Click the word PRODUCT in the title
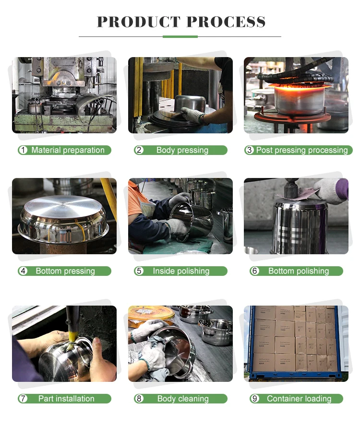(139, 22)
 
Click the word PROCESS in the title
(226, 22)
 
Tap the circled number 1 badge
(23, 150)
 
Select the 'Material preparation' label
(68, 150)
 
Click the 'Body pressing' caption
(182, 150)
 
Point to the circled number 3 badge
(249, 150)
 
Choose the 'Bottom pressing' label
(65, 271)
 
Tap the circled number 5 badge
(139, 271)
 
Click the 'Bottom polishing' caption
(299, 271)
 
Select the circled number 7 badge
(23, 399)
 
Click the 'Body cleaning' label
(183, 399)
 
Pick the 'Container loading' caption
(299, 399)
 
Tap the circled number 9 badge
(255, 399)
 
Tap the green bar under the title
(180, 36)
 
